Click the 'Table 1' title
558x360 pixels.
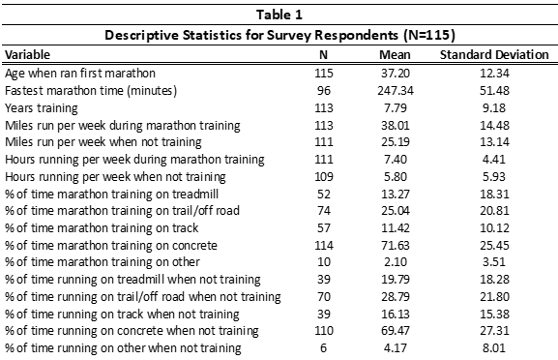point(279,15)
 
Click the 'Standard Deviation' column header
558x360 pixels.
point(494,54)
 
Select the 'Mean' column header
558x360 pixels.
point(395,54)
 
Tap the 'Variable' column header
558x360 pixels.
point(27,54)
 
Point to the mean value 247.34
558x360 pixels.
point(396,90)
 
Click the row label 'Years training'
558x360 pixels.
point(42,107)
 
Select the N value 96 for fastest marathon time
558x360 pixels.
point(323,90)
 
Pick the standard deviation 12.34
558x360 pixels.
point(494,73)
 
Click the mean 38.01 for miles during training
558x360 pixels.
point(396,126)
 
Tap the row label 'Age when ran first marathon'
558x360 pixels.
point(80,74)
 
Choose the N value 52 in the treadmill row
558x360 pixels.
point(323,195)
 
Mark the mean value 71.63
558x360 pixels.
point(396,246)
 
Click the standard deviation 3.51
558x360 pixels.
point(494,261)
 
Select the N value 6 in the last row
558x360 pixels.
point(323,347)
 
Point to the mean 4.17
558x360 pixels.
point(396,347)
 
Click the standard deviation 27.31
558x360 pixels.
point(494,330)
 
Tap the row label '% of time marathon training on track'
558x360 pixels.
point(102,228)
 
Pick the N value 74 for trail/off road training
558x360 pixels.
point(323,210)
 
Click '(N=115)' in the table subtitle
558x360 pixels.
point(429,35)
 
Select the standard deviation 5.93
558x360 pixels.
point(494,177)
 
